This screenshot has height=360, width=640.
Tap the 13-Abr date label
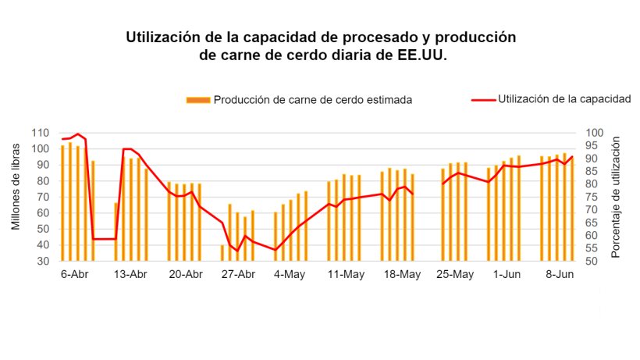[130, 274]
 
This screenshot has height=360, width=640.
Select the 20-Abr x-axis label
[185, 274]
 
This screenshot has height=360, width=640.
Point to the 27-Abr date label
[239, 274]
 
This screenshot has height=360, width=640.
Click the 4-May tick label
[290, 274]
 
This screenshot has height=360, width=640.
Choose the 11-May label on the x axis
[346, 274]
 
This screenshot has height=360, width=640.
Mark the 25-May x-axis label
[454, 274]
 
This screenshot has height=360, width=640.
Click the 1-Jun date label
[507, 274]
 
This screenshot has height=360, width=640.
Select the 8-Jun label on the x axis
[559, 274]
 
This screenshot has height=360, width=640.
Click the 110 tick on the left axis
[41, 133]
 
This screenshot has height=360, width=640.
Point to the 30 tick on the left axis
[44, 261]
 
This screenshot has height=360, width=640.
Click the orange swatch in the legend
[198, 100]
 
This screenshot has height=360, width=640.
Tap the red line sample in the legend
[484, 100]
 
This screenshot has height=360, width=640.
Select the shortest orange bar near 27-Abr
[222, 253]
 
